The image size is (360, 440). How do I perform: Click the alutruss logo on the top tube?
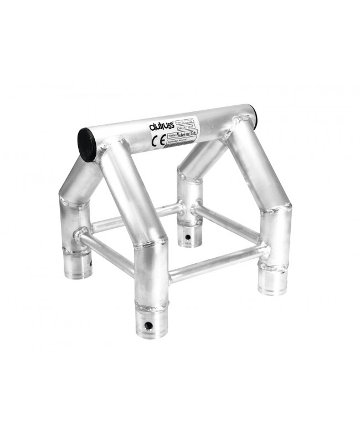pyautogui.click(x=162, y=125)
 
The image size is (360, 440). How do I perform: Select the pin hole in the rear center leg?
pyautogui.click(x=188, y=238)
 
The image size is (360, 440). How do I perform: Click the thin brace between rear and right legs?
pyautogui.click(x=227, y=223)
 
